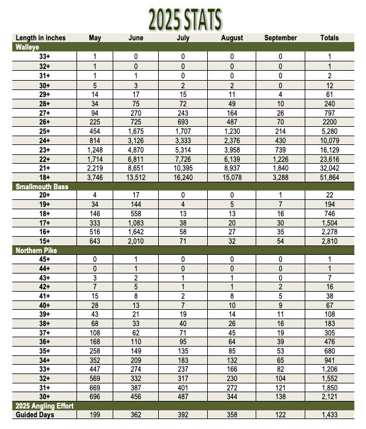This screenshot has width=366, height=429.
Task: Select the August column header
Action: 232,38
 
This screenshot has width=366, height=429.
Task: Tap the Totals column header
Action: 329,38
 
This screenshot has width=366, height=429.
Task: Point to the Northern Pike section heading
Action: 37,250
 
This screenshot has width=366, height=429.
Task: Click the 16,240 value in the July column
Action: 182,178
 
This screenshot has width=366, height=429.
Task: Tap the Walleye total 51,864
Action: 329,178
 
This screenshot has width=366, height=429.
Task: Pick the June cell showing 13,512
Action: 135,178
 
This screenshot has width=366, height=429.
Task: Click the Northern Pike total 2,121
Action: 329,397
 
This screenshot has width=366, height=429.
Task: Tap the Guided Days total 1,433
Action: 329,414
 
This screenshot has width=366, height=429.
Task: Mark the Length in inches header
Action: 40,38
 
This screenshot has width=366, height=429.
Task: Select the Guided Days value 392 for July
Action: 182,414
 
